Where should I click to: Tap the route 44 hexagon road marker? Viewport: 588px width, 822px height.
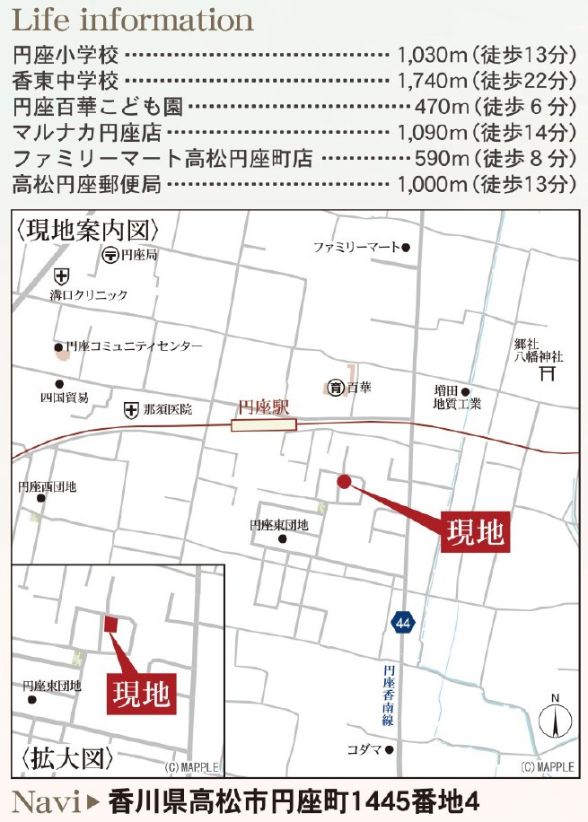402,622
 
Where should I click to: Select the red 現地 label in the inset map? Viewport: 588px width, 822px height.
142,692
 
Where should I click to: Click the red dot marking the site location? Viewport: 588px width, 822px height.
343,482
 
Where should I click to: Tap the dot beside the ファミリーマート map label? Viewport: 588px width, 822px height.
406,247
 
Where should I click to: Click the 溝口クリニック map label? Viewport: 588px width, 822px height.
89,294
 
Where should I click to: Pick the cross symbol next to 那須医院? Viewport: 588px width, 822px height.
132,409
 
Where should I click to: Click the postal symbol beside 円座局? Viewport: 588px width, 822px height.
110,256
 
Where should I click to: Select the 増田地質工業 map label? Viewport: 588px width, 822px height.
458,398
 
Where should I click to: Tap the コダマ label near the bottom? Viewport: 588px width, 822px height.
365,749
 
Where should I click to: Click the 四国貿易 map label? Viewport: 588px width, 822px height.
64,397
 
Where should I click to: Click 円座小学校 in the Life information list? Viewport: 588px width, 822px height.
66,56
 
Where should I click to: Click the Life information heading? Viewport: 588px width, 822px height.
132,20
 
